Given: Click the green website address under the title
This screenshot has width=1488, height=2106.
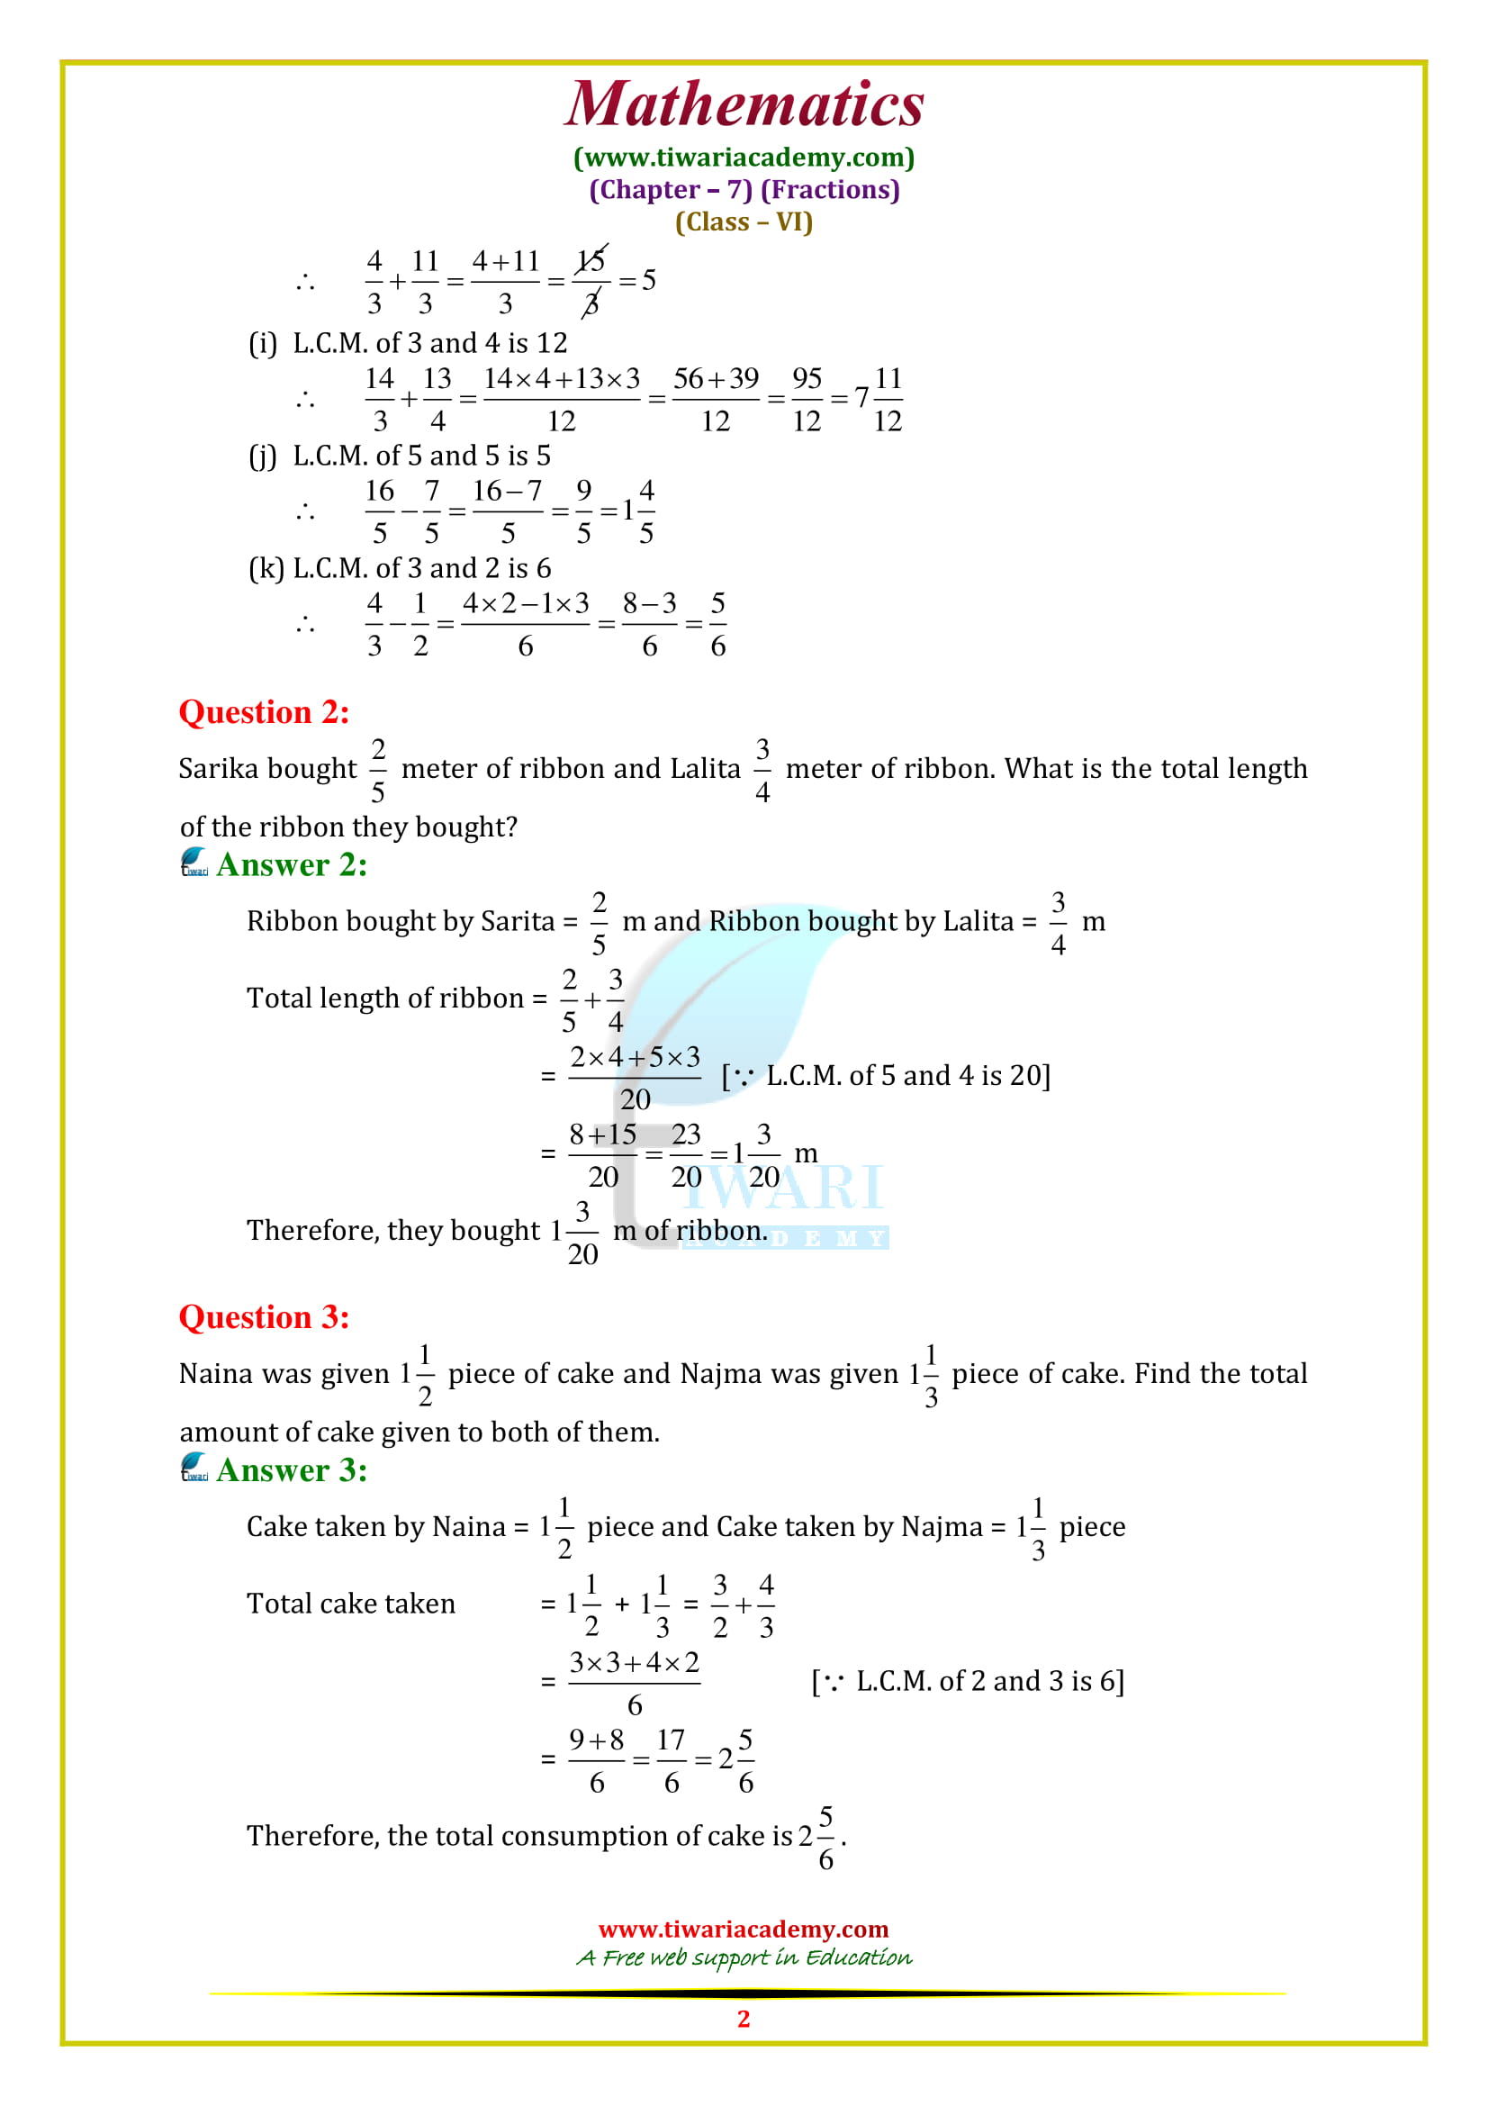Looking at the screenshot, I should [x=744, y=158].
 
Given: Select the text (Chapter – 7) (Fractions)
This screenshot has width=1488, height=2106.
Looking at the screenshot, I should [x=744, y=190].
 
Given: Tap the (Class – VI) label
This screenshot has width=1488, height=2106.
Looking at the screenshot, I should [x=744, y=222].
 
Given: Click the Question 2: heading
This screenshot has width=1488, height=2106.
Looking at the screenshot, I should [x=264, y=713].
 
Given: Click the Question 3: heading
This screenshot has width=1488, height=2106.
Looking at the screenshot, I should [x=264, y=1317].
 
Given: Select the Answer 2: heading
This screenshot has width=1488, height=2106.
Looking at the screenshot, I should [x=292, y=865].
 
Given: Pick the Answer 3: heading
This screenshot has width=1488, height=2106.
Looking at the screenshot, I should [x=292, y=1470].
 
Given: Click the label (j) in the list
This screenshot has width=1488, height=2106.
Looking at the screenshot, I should [x=262, y=456].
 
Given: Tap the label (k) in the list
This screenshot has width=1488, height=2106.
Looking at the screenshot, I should [x=266, y=569].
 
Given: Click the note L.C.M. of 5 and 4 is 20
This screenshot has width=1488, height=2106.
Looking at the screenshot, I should [x=887, y=1075].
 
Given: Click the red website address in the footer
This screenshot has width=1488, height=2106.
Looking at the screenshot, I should [x=744, y=1929].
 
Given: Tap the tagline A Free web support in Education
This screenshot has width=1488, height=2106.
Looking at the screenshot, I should [x=744, y=1957].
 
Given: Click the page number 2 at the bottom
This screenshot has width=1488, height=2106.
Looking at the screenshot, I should [x=744, y=2019].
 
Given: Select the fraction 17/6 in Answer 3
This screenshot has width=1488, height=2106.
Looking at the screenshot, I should [x=672, y=1760].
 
